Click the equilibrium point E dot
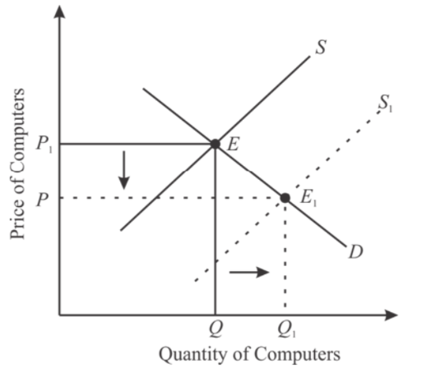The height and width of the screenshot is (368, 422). (x=216, y=144)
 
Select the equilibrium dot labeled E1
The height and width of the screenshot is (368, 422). (x=285, y=198)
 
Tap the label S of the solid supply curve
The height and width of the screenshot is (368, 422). (x=321, y=47)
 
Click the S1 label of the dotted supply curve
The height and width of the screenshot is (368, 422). (x=385, y=104)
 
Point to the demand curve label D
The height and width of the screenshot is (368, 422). (x=356, y=251)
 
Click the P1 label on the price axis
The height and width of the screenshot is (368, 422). (x=44, y=144)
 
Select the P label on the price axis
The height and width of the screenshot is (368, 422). (x=43, y=199)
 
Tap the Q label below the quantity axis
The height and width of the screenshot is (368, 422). (x=216, y=329)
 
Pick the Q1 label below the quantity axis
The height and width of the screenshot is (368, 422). (x=287, y=329)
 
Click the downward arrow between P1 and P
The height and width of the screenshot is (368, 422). (x=124, y=170)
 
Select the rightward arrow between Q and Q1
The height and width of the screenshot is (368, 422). (x=249, y=272)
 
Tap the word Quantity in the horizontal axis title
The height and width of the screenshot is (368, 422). (x=193, y=354)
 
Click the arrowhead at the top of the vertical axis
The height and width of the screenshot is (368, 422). (x=59, y=11)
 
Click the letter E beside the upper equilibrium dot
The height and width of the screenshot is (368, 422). (x=233, y=145)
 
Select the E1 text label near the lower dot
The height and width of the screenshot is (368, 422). (x=308, y=198)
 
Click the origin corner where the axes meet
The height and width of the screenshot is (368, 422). (x=59, y=315)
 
